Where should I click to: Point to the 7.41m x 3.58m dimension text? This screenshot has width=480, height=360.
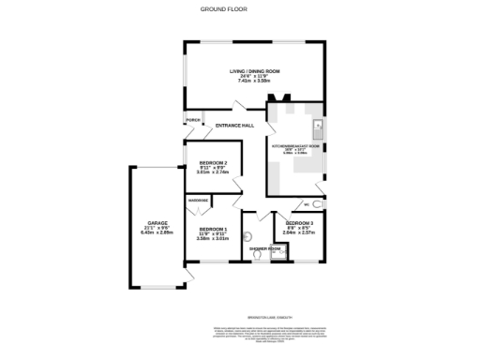255,82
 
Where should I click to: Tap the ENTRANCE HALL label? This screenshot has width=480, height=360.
234,125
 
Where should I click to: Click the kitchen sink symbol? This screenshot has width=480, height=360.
317,126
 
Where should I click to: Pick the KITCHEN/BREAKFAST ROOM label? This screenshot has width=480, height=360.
296,145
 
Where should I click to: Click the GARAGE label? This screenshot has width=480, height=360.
157,223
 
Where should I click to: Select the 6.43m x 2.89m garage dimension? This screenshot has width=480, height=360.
157,232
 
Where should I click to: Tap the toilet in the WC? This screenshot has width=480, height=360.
319,203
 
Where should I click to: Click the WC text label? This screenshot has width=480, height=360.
307,203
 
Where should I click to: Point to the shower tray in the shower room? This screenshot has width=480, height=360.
277,251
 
